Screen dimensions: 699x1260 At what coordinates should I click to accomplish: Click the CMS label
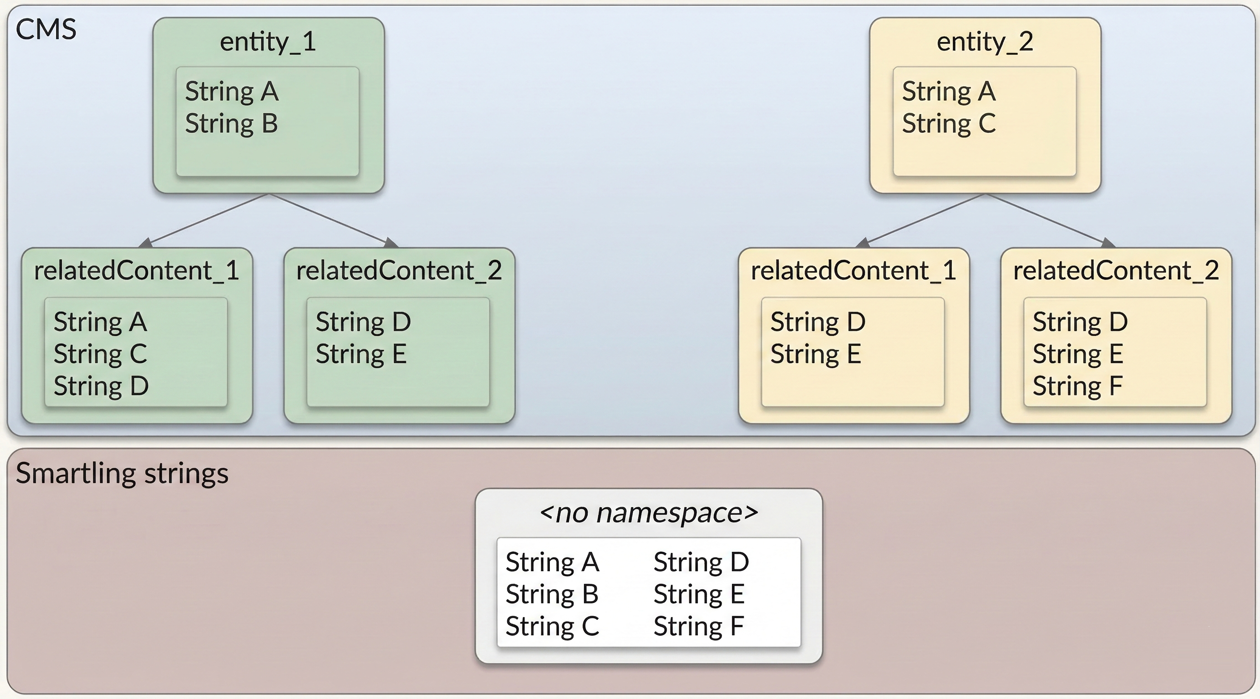point(46,29)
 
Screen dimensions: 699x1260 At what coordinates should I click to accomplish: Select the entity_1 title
point(268,41)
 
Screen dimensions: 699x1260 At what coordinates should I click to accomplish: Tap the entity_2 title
point(985,41)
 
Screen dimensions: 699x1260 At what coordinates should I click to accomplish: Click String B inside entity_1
point(231,123)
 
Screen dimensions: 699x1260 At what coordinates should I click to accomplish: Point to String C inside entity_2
point(949,123)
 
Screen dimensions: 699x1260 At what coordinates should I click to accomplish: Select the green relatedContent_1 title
point(137,270)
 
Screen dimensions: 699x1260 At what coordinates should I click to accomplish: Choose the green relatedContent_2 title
point(399,270)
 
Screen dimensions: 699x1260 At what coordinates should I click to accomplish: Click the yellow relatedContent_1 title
point(854,270)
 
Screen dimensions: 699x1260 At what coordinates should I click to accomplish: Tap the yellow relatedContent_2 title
point(1116,270)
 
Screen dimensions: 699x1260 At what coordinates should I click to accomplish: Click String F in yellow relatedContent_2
point(1077,386)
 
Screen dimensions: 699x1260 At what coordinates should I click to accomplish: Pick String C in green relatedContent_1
point(100,354)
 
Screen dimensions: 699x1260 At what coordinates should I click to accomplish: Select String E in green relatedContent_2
point(361,354)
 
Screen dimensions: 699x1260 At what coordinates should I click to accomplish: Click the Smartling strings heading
point(122,473)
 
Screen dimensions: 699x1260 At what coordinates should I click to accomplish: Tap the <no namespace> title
point(649,512)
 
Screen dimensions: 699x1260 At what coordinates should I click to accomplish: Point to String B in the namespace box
point(552,594)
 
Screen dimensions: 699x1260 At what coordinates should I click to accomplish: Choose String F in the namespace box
point(698,626)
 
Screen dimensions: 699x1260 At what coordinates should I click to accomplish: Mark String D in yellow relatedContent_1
point(818,322)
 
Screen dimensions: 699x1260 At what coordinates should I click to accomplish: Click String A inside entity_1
point(231,91)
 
